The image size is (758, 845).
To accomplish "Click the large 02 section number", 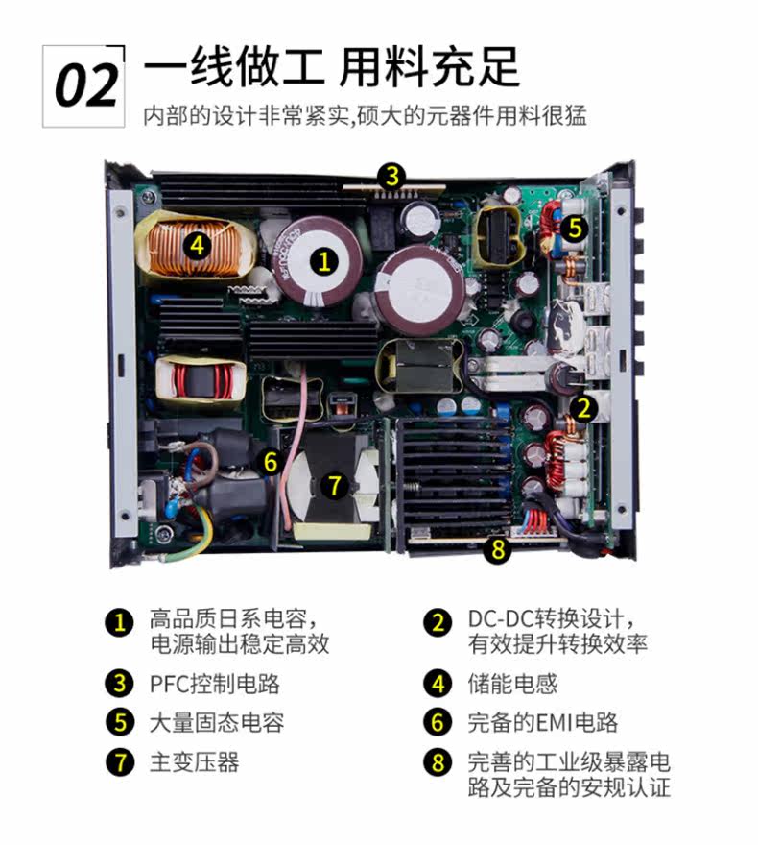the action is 86,85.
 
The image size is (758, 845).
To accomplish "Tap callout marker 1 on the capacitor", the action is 324,262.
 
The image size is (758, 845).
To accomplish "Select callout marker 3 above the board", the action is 391,177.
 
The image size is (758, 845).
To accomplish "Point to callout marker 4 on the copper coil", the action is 198,245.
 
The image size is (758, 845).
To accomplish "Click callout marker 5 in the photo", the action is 575,228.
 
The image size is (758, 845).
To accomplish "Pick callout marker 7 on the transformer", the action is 334,485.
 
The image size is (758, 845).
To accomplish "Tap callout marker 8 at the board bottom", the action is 497,549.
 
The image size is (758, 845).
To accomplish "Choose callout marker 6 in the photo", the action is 271,462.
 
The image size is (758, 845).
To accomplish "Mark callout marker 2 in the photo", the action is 584,408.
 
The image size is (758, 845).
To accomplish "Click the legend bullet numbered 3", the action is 120,684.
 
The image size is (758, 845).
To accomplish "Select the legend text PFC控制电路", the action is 215,684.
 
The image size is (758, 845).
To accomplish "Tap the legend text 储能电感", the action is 512,684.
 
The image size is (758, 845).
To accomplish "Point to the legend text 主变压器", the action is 195,762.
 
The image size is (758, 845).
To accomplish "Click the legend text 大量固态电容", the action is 217,723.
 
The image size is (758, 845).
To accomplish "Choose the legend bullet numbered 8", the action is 438,762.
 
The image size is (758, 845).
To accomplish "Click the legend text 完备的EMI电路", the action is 543,723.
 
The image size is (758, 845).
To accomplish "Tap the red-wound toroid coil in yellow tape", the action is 201,380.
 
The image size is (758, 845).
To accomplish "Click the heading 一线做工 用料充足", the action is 332,67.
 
